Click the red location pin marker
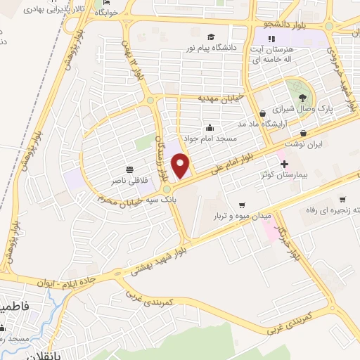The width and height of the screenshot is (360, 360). pos(181,165)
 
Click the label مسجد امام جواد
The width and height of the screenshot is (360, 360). pos(210,139)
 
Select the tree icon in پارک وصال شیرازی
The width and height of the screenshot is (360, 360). pos(302,97)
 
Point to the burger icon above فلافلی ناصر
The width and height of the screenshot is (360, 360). pos(129,169)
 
